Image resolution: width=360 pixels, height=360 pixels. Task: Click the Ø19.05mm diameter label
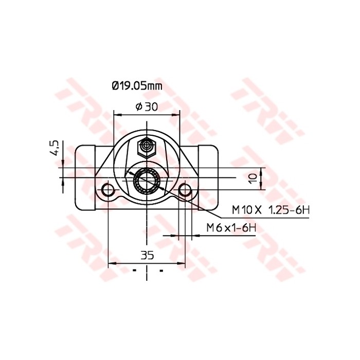(137, 86)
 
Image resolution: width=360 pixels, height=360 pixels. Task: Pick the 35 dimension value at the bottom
(147, 255)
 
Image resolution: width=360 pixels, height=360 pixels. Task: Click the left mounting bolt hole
(108, 191)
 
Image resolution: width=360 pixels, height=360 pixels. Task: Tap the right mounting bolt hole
(185, 191)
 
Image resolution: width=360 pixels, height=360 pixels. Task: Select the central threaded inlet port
(147, 181)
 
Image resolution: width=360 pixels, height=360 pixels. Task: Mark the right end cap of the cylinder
(208, 177)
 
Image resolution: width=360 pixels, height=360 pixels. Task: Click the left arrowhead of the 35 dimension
(111, 263)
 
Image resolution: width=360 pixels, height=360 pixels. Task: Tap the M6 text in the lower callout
(213, 227)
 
